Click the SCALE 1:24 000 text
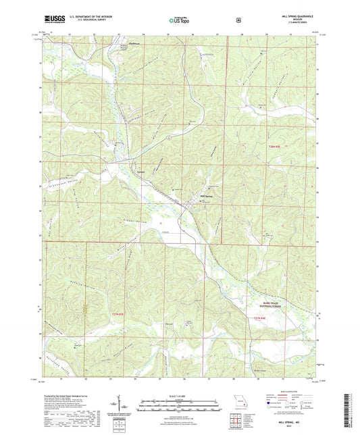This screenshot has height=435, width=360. [180, 395]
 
